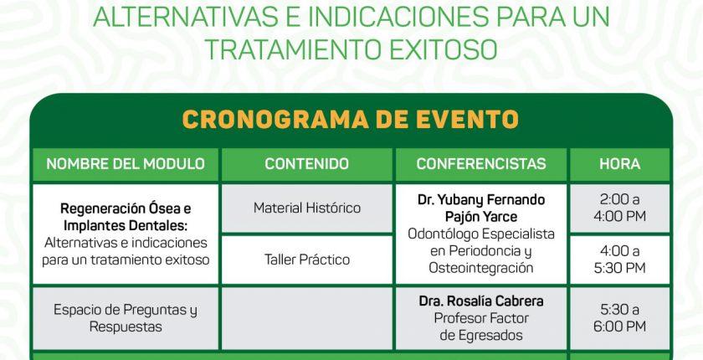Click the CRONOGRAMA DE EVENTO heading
pos(351,119)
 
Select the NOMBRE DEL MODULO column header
pos(126,164)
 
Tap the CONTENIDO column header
pos(306,164)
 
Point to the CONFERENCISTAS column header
pos(481,164)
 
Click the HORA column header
pos(620,164)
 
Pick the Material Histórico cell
pos(306,208)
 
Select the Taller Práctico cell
pos(306,260)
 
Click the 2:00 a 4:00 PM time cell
pos(620,208)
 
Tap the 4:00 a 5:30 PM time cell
pos(620,260)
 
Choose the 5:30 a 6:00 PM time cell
pos(620,318)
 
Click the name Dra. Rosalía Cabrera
pos(481,301)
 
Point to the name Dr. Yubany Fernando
pos(481,200)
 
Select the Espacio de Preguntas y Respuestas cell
pos(126,318)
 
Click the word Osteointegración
pos(481,268)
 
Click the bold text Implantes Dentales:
pos(126,226)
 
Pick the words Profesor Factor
pos(481,318)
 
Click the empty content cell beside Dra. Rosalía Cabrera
pos(306,318)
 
